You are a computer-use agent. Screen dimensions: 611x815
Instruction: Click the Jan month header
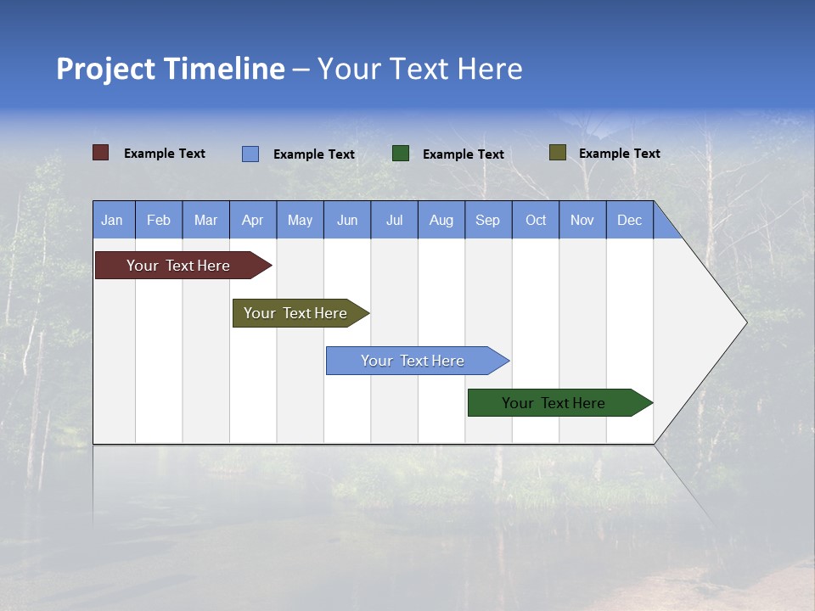[x=113, y=220]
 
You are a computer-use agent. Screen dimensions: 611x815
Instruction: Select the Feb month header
[x=159, y=220]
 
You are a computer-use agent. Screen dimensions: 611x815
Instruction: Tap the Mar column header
[x=205, y=220]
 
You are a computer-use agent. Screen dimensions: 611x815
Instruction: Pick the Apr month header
[x=253, y=220]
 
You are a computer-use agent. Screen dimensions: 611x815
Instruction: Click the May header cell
[x=300, y=220]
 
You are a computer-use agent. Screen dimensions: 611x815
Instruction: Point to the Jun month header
[x=347, y=220]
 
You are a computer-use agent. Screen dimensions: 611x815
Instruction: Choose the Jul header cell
[x=394, y=220]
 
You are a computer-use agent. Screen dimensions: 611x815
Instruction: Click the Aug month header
[x=441, y=220]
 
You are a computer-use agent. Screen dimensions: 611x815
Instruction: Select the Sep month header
[x=488, y=220]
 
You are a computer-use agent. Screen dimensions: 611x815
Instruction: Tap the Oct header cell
[x=536, y=220]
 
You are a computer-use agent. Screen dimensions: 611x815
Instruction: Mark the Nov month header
[x=582, y=220]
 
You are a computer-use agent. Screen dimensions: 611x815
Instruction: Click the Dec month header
[x=630, y=220]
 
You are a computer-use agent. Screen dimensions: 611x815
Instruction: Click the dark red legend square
[x=101, y=153]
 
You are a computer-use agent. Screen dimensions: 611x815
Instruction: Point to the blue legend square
[x=250, y=154]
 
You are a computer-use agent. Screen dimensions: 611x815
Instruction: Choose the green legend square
[x=401, y=153]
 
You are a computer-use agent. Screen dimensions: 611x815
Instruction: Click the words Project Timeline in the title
[x=171, y=69]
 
